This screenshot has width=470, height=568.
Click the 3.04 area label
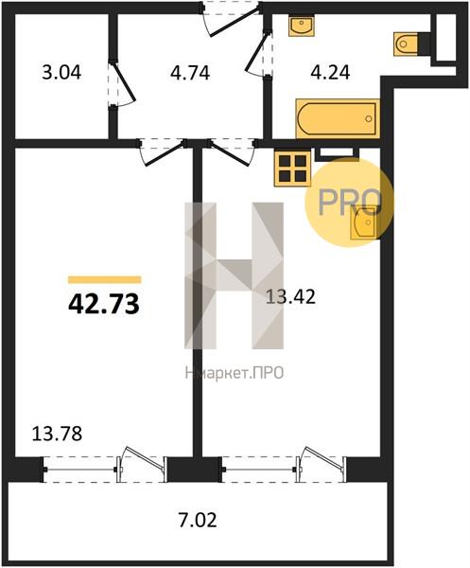pos(61,73)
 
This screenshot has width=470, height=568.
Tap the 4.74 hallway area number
pos(190,73)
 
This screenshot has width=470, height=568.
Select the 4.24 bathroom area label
pos(330,73)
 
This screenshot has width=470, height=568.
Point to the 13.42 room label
pos(290,296)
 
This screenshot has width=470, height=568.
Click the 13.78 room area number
pos(57,434)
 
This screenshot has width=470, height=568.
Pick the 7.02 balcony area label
pos(198,520)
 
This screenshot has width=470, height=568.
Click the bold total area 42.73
pos(104,304)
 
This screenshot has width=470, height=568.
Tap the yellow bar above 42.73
pos(105,279)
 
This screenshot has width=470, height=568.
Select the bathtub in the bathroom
pos(338,118)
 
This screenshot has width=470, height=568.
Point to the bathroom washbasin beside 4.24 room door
pos(302,25)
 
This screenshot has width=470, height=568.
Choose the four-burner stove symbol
pos(292,169)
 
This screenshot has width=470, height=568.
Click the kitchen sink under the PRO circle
pos(364,223)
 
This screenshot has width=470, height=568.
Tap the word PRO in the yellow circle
pos(350,203)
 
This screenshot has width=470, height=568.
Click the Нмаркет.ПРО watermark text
pos(235,373)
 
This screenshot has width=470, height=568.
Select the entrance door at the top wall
pos(232,18)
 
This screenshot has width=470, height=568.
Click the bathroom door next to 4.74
pos(258,54)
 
